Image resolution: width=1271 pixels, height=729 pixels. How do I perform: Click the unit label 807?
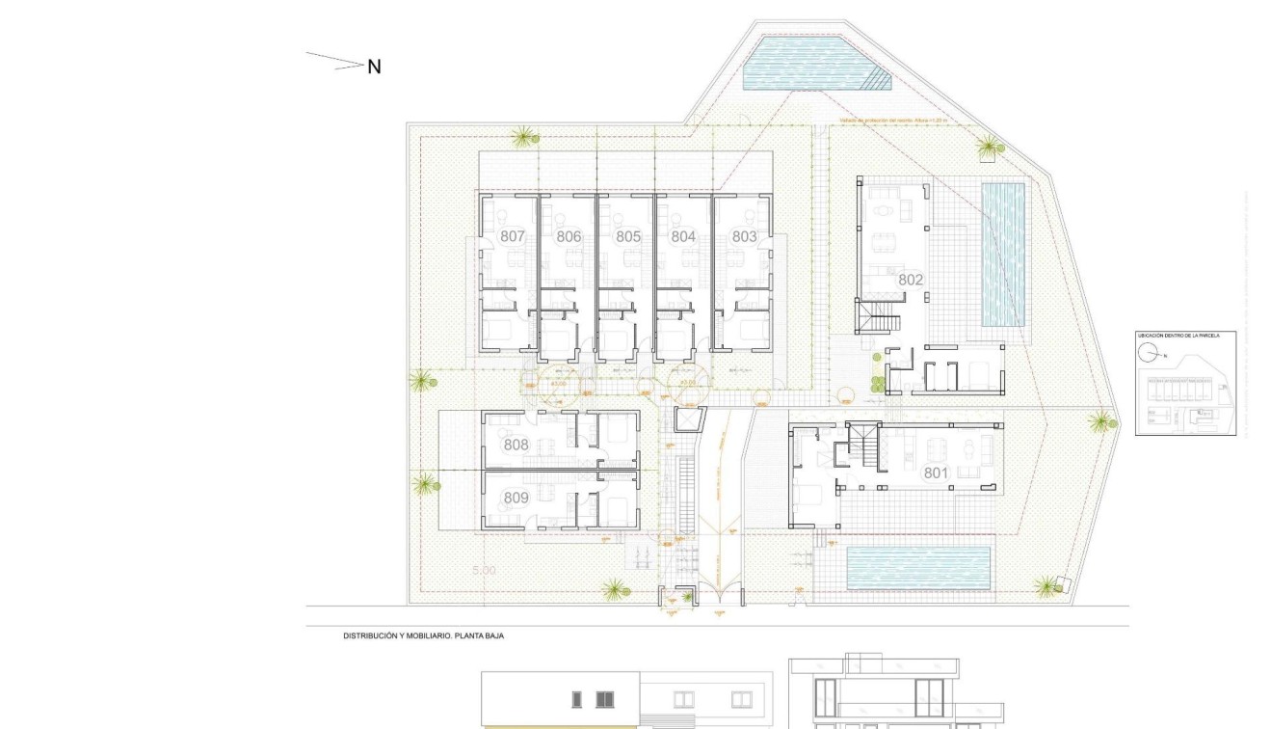click(513, 236)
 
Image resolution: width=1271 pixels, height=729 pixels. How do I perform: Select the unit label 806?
click(569, 236)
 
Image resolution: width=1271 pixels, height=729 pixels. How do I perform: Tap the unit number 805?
click(628, 236)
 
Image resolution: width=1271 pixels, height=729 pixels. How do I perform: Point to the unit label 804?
click(683, 236)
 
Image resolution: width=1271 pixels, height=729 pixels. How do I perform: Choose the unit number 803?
click(744, 236)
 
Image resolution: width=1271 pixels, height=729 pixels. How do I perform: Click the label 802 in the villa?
click(911, 280)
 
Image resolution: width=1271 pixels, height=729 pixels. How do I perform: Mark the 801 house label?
click(936, 473)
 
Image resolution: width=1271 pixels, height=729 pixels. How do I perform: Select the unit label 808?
click(516, 445)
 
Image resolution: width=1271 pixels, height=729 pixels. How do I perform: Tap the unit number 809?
click(516, 498)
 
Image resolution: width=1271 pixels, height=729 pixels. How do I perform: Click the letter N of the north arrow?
click(374, 67)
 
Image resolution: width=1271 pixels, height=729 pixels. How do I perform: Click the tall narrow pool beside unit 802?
click(1003, 255)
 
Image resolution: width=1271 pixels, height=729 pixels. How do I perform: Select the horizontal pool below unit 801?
click(918, 569)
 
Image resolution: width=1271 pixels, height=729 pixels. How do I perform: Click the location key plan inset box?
click(1185, 383)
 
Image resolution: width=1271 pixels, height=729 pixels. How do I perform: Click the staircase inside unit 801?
click(863, 448)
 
